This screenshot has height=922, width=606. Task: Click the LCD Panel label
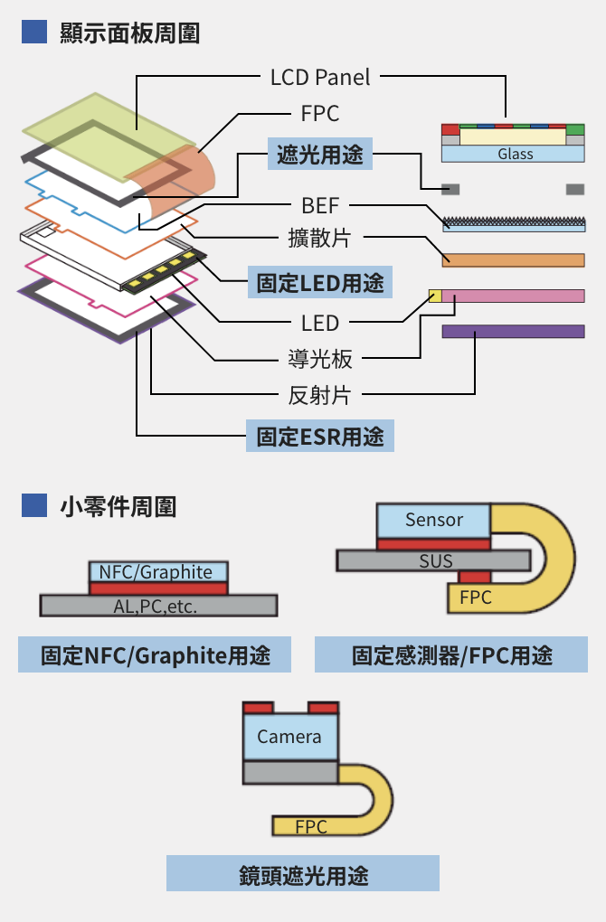pos(320,77)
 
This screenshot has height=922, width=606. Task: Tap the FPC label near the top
pos(319,114)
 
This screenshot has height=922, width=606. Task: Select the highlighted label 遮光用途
pos(319,155)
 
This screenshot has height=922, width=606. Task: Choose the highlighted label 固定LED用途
pos(319,283)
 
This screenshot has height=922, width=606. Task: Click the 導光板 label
pos(319,359)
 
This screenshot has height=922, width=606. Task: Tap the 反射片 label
pos(319,394)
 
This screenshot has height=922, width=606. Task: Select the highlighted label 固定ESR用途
pos(320,437)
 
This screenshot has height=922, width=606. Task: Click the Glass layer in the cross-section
pos(514,155)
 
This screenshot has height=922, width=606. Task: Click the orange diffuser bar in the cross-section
pos(513,260)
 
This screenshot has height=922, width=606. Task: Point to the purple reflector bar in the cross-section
pos(513,332)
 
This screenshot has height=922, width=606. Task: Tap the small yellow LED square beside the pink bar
pos(435,296)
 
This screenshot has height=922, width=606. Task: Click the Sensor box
pos(433,520)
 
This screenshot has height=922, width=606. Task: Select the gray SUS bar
pos(434,560)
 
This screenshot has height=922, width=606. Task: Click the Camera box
pos(289,737)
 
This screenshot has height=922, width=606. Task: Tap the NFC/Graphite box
pos(158,572)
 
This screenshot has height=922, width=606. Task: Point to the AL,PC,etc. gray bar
pos(158,606)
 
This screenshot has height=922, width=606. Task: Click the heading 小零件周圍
pos(118,506)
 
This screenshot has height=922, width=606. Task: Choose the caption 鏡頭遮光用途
pos(303,874)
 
